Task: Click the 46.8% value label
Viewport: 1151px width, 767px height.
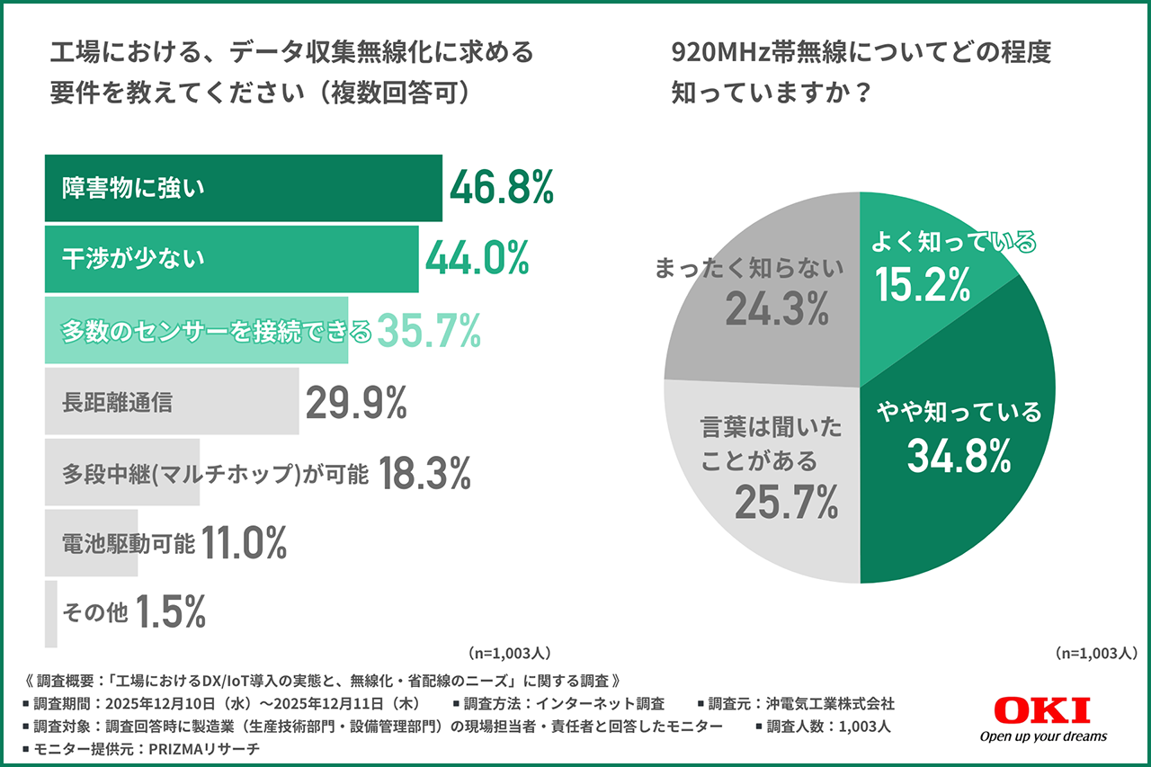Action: pyautogui.click(x=501, y=188)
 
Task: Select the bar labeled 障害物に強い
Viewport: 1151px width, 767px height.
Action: pyautogui.click(x=243, y=188)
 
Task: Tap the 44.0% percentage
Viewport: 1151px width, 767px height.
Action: pyautogui.click(x=477, y=259)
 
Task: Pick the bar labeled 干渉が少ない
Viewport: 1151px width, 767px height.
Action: pyautogui.click(x=231, y=259)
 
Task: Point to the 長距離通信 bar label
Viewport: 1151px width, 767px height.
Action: pyautogui.click(x=117, y=402)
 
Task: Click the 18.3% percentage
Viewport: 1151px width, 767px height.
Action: pyautogui.click(x=424, y=473)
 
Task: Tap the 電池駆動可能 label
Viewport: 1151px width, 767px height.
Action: pyautogui.click(x=128, y=543)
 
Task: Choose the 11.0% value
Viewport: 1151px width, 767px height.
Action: pyautogui.click(x=244, y=543)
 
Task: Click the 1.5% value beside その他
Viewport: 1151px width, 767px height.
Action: pyautogui.click(x=171, y=613)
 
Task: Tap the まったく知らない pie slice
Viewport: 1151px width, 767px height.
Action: pyautogui.click(x=764, y=297)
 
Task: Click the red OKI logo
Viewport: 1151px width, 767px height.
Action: pyautogui.click(x=1042, y=710)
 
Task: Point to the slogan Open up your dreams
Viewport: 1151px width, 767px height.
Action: pyautogui.click(x=1043, y=736)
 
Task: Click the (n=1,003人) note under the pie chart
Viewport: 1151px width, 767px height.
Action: pyautogui.click(x=1097, y=653)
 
